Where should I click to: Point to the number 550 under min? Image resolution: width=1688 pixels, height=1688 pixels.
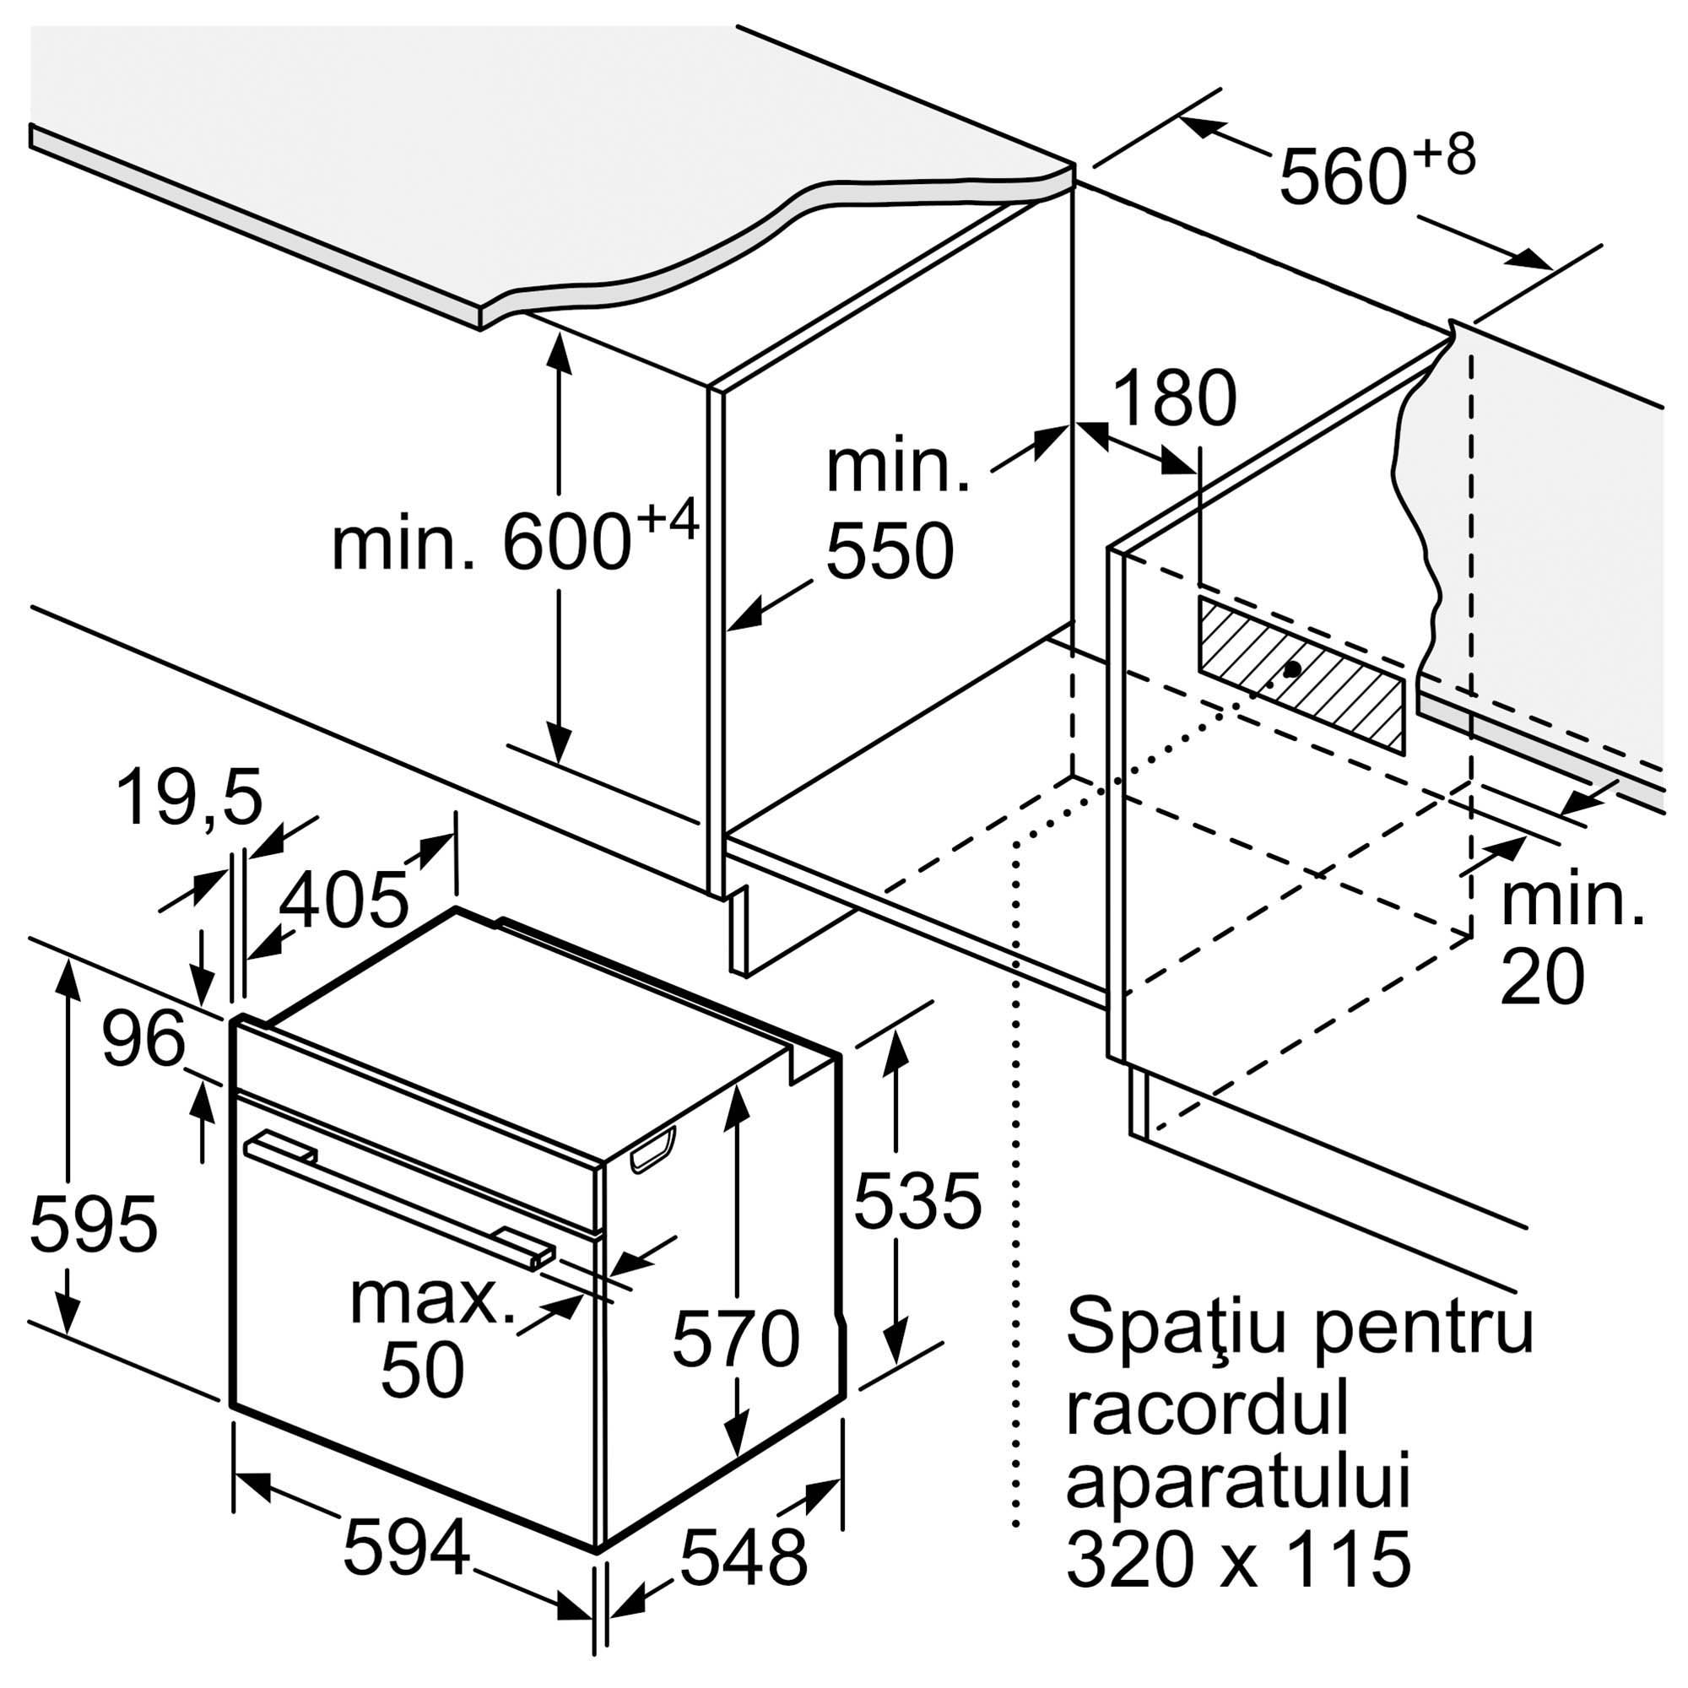tap(890, 551)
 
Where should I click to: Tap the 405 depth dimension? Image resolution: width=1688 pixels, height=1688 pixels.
tap(346, 899)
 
